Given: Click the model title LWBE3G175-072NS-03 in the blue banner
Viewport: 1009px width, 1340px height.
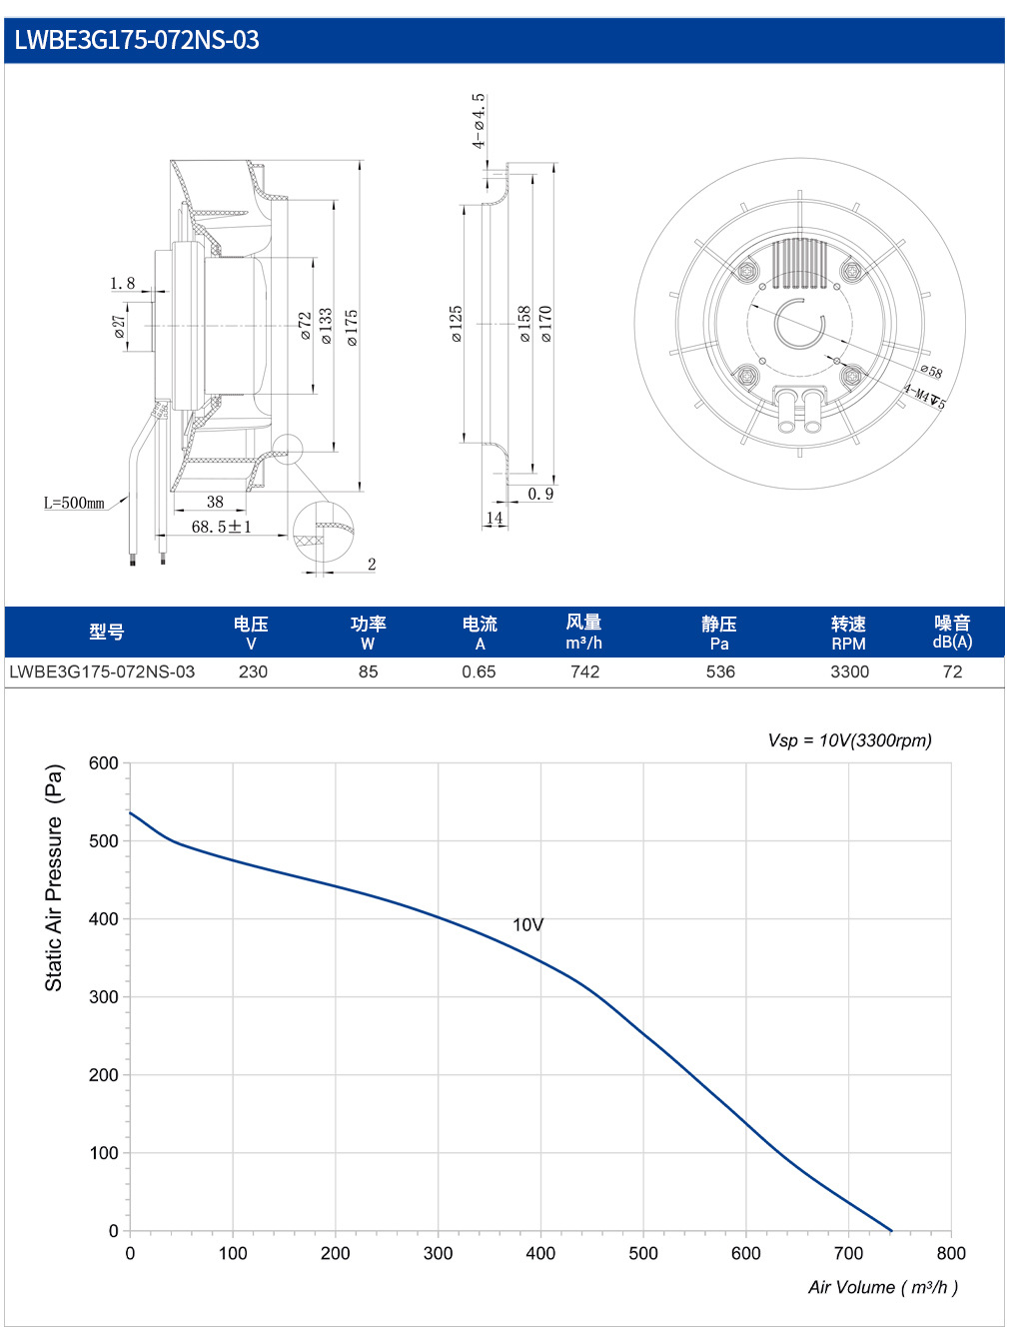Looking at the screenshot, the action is (137, 40).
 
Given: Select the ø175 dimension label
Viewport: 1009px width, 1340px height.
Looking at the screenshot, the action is (352, 327).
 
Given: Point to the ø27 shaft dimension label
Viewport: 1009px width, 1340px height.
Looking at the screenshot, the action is (120, 327).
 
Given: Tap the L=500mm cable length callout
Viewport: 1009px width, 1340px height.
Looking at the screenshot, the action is (74, 503).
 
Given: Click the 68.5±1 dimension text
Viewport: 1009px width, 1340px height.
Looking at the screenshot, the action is (221, 527).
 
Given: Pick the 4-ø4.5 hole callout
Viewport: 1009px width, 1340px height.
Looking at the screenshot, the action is (479, 120).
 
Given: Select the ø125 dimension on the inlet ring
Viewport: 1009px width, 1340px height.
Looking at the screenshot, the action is (457, 324).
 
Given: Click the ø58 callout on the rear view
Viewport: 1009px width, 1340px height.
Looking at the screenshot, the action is (931, 371).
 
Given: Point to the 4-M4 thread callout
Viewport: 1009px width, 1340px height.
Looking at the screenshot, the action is (924, 396).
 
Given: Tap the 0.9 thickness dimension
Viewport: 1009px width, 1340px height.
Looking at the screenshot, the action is (540, 494).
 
